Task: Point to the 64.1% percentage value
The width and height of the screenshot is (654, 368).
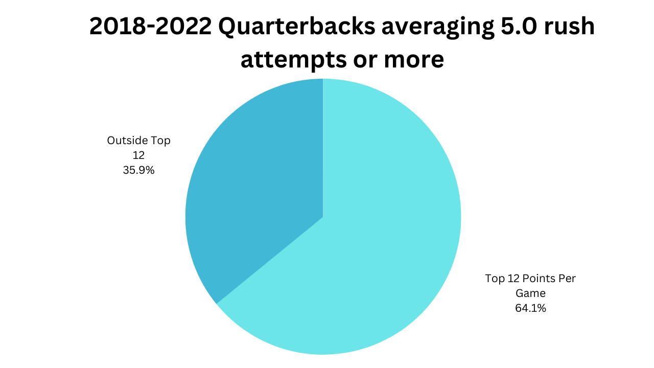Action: pos(530,308)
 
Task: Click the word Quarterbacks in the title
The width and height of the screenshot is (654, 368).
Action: pos(299,27)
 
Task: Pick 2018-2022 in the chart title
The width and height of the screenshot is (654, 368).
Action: pos(151,27)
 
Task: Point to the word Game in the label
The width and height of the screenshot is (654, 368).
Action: pos(530,293)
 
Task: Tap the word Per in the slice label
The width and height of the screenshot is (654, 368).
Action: pos(568,279)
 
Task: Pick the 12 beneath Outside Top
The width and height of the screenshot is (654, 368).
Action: pos(138,155)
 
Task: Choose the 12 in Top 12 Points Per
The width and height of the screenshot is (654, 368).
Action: pos(513,279)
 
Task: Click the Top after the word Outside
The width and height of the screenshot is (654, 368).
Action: pos(160,140)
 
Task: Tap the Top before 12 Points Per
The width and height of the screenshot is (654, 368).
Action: pos(494,279)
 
